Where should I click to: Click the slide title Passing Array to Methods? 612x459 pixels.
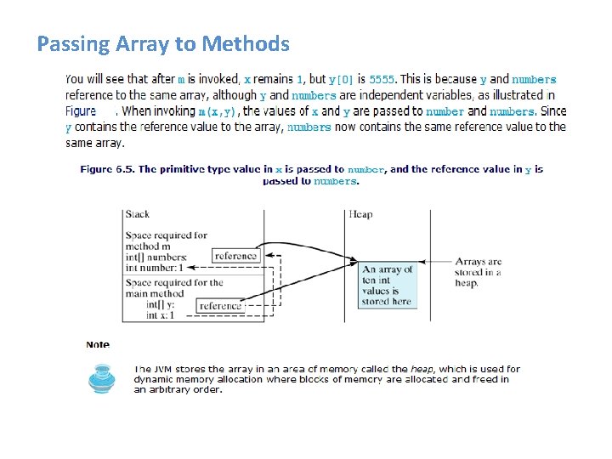point(163,44)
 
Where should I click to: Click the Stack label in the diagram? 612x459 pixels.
point(137,214)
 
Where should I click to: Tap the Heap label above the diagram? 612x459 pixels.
point(360,214)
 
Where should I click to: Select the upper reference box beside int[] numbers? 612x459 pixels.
point(235,256)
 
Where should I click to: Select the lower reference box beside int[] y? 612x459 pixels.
point(220,306)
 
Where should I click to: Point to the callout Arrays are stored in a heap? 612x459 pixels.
point(478,272)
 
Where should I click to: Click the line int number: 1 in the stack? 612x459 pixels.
point(155,268)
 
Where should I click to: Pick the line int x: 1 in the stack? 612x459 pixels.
point(160,315)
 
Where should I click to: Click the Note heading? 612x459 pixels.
point(98,345)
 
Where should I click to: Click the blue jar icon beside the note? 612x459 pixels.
point(102,379)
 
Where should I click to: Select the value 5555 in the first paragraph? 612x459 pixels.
point(382,80)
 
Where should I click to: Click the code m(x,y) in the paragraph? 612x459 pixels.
point(218,111)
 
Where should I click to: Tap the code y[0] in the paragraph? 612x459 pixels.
point(343,80)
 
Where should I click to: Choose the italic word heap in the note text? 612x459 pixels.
point(423,369)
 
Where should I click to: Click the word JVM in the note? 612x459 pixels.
point(164,369)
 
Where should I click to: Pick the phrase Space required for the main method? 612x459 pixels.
point(173,287)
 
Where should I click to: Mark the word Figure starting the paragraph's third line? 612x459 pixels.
point(81,111)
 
